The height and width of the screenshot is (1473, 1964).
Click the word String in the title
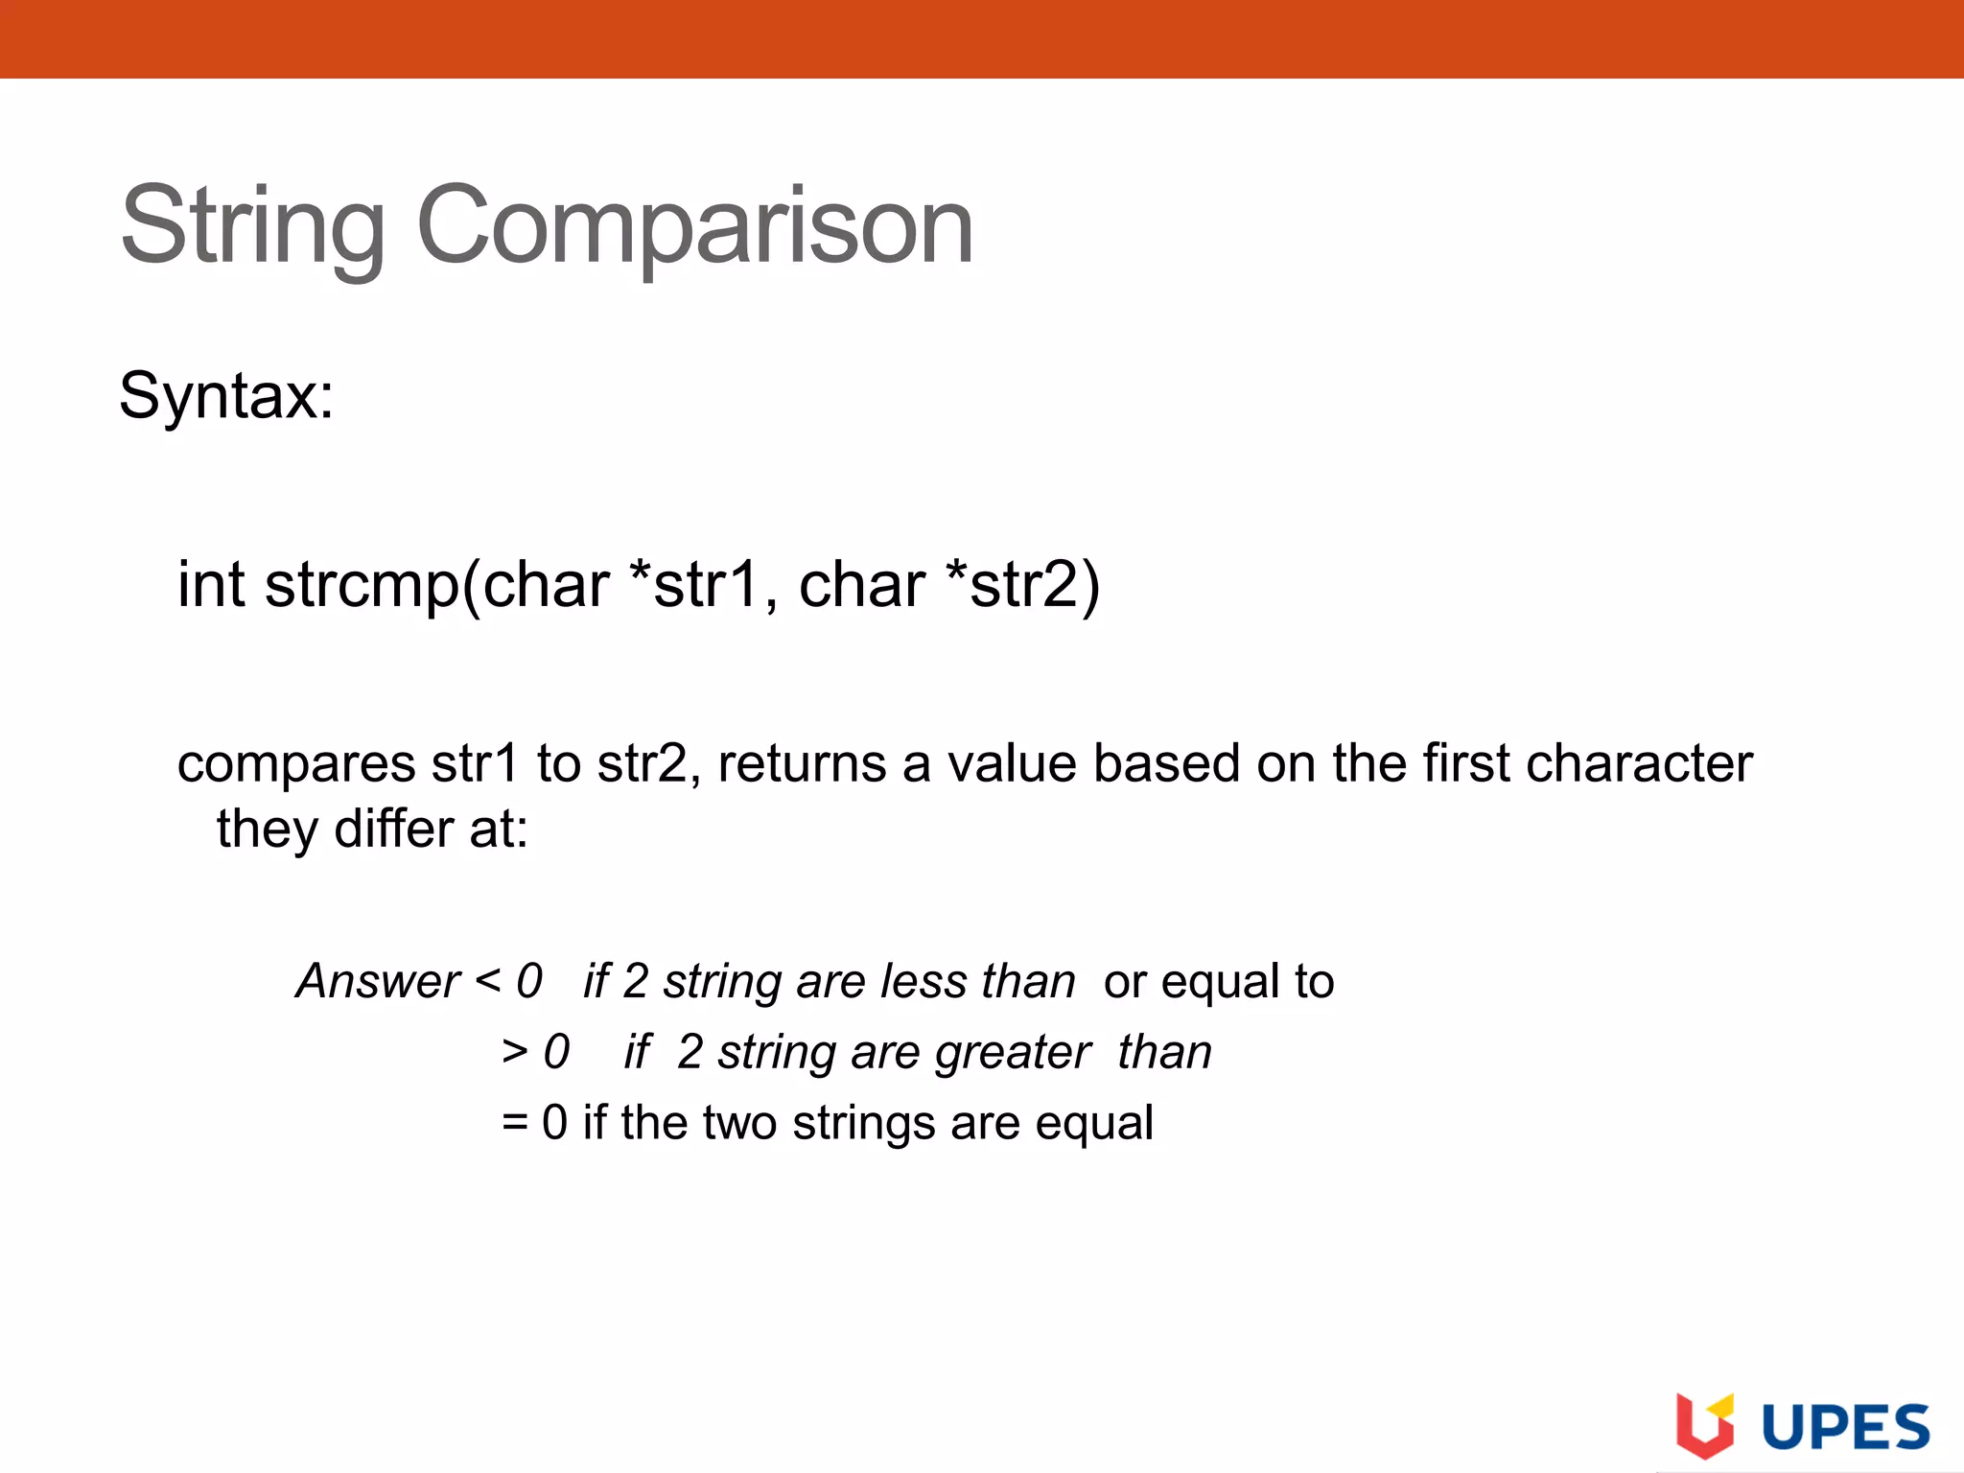coord(252,226)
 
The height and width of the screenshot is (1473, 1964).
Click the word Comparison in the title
coord(694,226)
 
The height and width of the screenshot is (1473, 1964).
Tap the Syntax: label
coord(226,395)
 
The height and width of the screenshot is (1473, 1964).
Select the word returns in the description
coord(802,763)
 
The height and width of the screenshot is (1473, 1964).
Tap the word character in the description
coord(1639,763)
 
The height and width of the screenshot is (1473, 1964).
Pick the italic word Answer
coord(378,981)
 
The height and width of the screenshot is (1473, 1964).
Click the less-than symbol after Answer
coord(487,980)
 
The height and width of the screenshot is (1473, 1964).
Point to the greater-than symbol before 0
coord(515,1052)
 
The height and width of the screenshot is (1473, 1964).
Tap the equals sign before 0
coord(515,1122)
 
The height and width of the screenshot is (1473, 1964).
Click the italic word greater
coord(1013,1053)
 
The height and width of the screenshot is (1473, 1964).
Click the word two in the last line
coord(738,1122)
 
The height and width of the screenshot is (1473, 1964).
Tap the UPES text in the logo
coord(1845,1427)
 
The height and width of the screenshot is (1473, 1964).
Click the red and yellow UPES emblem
coord(1704,1424)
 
